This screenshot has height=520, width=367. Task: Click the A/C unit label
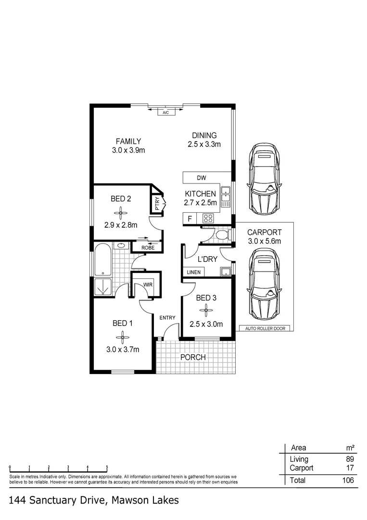(x=165, y=112)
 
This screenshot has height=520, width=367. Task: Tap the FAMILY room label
(x=128, y=141)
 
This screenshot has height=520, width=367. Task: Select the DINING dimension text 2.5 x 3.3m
(x=204, y=144)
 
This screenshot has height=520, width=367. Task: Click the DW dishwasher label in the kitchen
(x=201, y=178)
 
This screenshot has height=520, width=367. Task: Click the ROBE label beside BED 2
(x=148, y=247)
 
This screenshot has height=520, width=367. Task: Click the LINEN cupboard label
(x=194, y=272)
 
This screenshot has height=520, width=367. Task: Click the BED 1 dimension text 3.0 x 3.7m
(x=123, y=350)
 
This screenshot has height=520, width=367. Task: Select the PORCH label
(x=193, y=357)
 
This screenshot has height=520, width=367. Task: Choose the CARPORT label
(x=264, y=232)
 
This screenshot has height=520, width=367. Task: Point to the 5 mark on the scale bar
(x=107, y=467)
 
